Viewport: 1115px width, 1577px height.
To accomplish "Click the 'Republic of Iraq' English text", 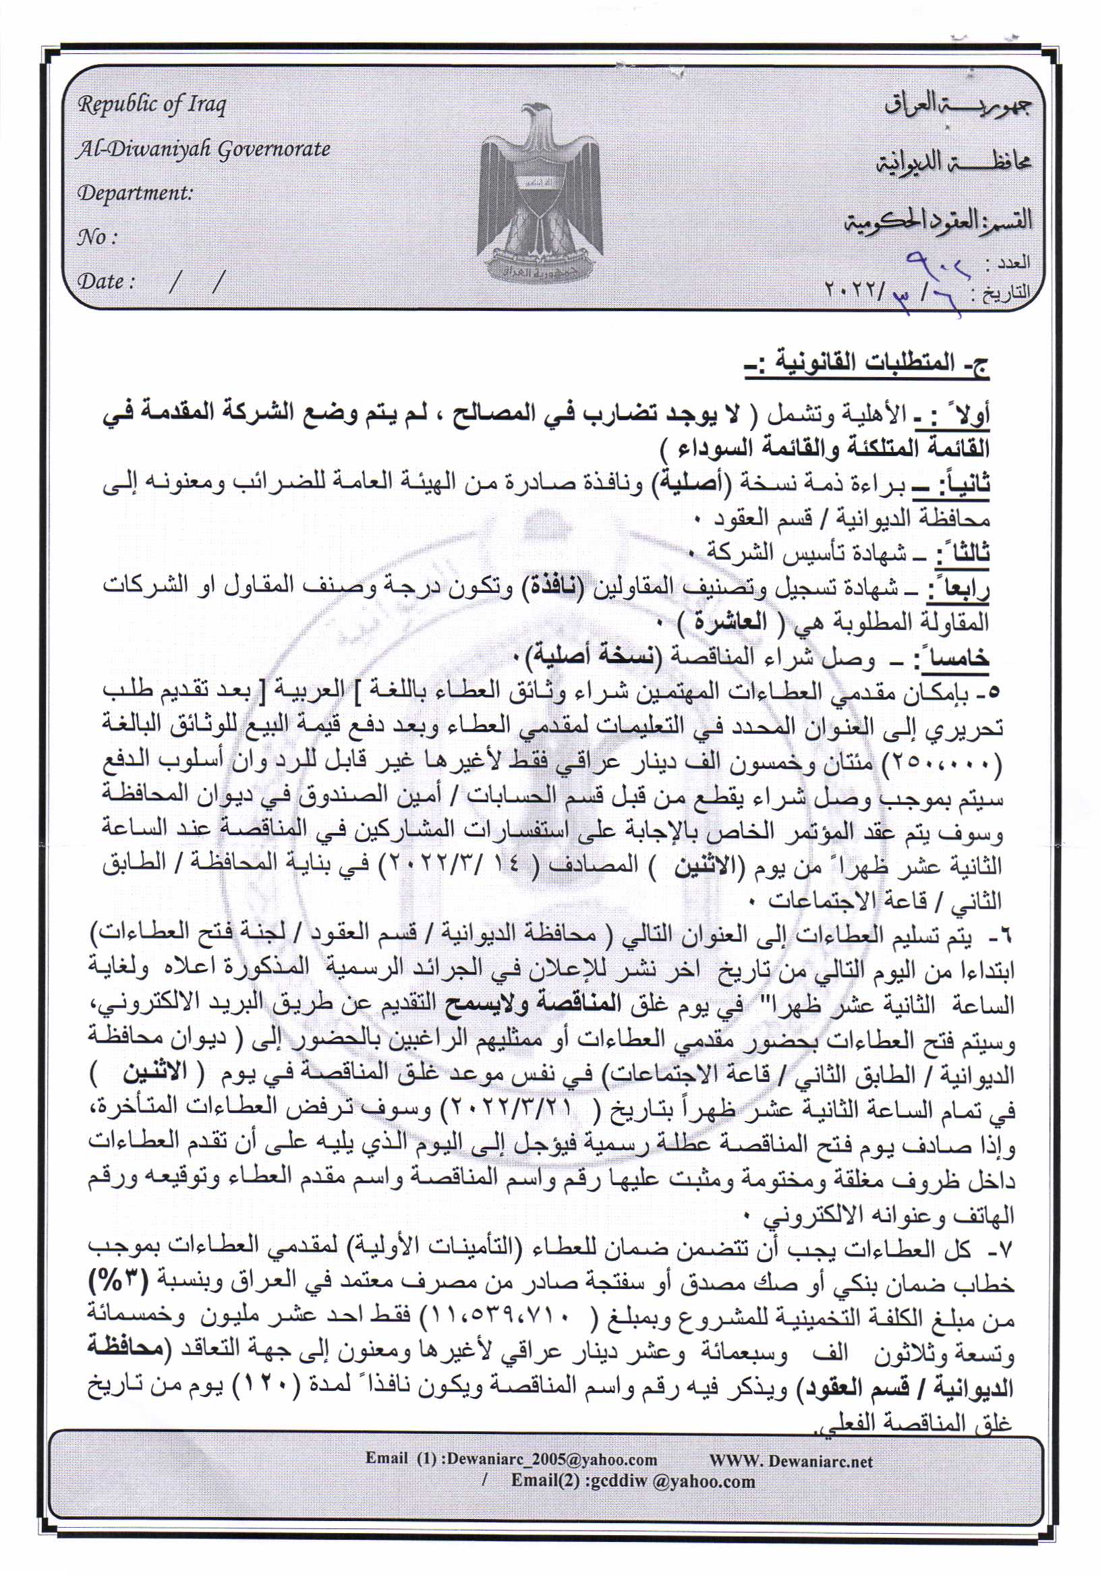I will click(x=151, y=105).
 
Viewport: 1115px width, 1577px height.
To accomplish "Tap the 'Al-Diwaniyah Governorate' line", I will click(x=203, y=149).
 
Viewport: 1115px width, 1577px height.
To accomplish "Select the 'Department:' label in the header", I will click(x=135, y=193).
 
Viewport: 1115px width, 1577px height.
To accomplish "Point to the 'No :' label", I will click(x=96, y=237).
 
